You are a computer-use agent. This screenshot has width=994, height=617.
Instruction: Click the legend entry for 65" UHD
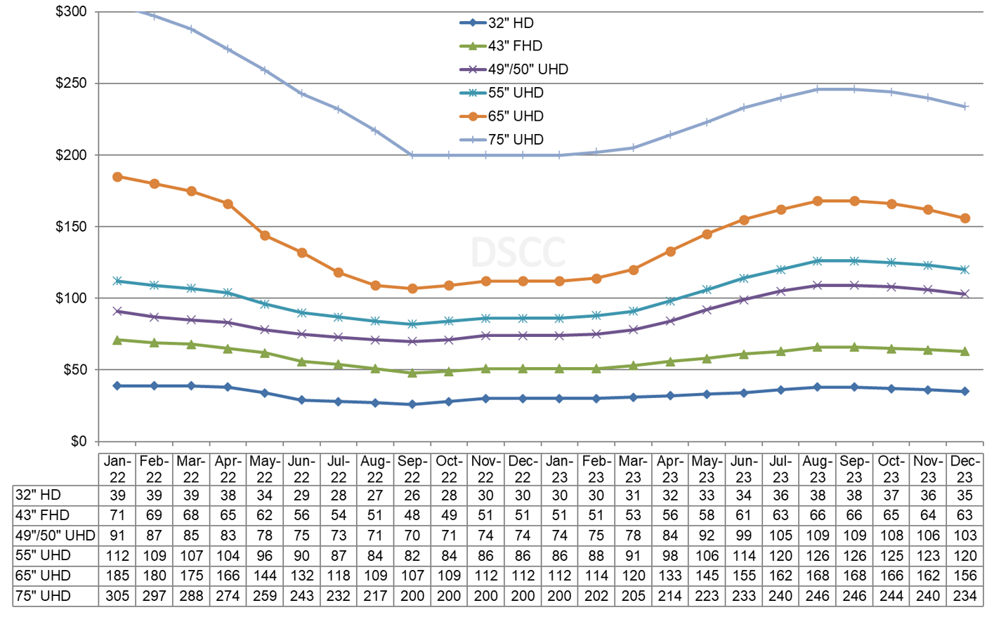(515, 117)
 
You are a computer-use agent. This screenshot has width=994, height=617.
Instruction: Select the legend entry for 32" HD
(511, 23)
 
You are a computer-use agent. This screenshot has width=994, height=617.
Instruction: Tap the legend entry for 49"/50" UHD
(528, 69)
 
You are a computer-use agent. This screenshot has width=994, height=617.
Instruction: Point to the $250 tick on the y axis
(72, 84)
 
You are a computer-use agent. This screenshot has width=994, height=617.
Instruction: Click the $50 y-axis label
(74, 370)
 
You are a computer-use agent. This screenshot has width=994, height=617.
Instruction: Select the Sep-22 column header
(412, 469)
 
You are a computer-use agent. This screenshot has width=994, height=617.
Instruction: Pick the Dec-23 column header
(964, 469)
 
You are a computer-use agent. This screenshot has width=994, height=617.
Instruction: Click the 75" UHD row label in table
(44, 596)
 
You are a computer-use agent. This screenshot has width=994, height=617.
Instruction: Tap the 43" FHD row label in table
(43, 515)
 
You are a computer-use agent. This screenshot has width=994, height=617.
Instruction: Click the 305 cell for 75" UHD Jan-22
(117, 596)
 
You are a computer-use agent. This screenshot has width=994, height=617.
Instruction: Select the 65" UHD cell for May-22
(265, 576)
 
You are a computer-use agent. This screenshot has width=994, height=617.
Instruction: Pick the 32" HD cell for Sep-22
(412, 495)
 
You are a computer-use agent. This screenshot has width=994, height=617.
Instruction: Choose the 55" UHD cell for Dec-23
(964, 555)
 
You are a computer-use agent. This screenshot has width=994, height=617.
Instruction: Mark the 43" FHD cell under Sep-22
(412, 515)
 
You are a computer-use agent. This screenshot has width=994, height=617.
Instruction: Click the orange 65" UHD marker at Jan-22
(117, 177)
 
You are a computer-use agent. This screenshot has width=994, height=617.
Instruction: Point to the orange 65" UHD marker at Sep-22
(412, 288)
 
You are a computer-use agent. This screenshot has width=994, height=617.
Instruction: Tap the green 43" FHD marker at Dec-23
(964, 351)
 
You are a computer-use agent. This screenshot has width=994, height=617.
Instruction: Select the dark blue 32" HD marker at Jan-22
(117, 385)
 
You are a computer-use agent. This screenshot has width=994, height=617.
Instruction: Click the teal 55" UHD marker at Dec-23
(964, 270)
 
